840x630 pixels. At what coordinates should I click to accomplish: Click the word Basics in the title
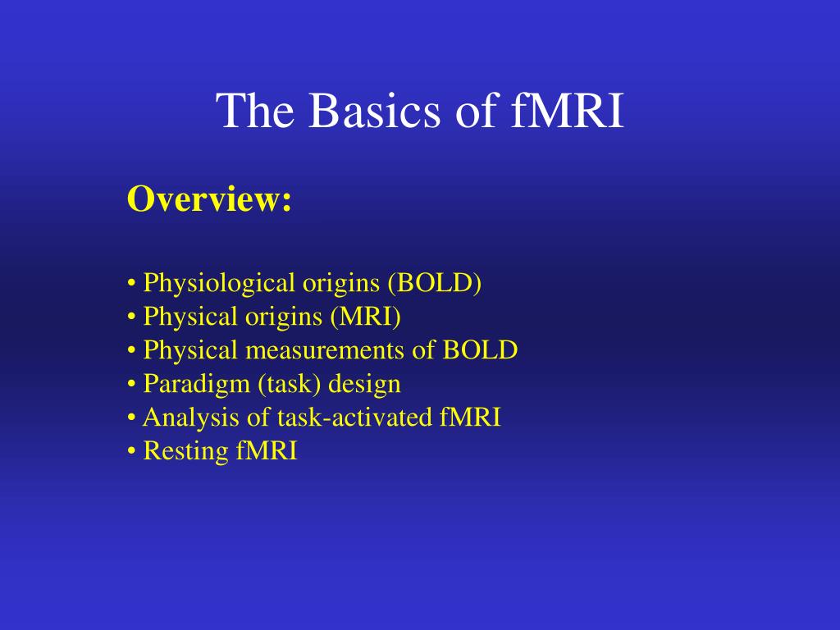(374, 110)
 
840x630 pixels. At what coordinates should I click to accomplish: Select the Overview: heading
(209, 199)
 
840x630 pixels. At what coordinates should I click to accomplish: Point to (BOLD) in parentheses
(435, 283)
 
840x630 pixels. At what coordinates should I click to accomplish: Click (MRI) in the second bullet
(365, 316)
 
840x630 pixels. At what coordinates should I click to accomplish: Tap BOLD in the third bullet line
(480, 349)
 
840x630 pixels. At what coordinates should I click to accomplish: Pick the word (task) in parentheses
(290, 384)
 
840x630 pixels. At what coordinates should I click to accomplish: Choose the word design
(364, 385)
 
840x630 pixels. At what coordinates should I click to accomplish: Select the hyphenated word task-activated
(354, 418)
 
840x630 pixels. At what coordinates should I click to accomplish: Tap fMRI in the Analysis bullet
(470, 417)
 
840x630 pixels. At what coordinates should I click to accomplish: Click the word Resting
(186, 451)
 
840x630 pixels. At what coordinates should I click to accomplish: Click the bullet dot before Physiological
(131, 283)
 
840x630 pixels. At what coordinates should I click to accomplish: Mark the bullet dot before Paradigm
(131, 384)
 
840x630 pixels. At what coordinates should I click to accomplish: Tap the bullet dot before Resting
(131, 451)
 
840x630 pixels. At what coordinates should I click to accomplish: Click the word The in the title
(255, 110)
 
